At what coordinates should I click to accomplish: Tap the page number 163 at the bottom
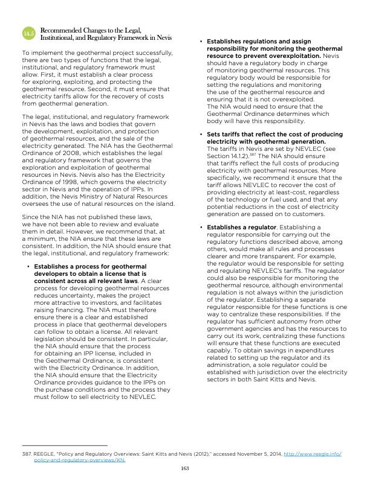point(185,468)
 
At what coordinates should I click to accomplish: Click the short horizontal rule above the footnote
point(64,445)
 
